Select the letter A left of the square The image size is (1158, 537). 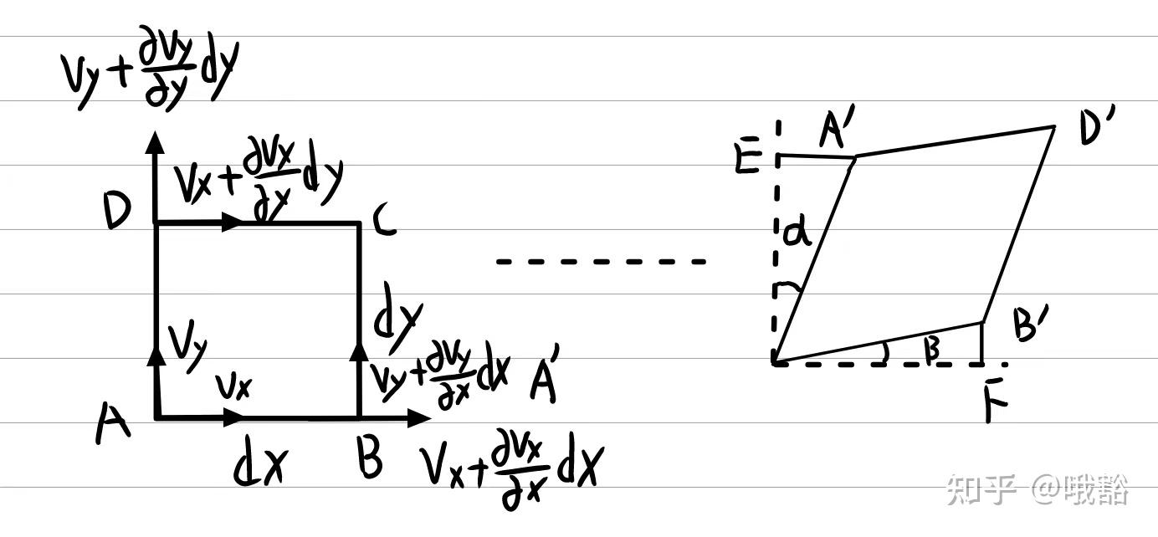113,422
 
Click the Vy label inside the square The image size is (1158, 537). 186,344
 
